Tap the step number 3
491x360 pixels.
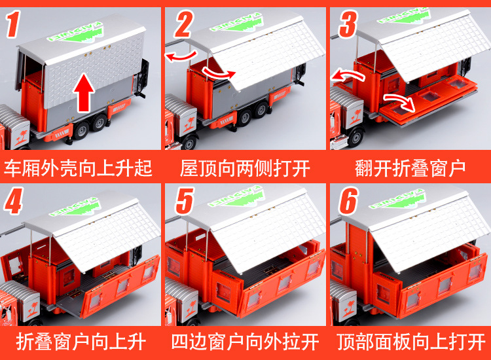tap(348, 24)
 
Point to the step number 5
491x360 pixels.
tap(184, 201)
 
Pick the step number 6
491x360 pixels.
tap(348, 201)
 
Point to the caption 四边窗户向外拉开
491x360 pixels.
tap(245, 342)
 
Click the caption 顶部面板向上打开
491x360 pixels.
tap(410, 342)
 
